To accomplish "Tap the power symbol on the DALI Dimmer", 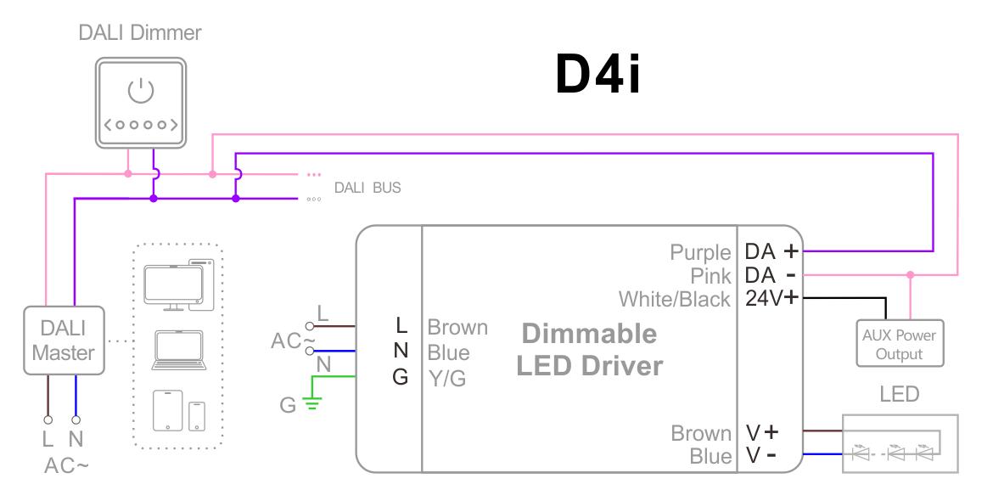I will [x=139, y=89].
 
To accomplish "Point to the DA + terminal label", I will [x=771, y=251].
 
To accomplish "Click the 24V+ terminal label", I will [x=771, y=298].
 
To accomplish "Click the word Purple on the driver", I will [x=700, y=252].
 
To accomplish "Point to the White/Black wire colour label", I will [x=674, y=299].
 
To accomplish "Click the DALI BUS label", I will [x=367, y=188].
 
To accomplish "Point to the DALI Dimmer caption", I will [x=140, y=33].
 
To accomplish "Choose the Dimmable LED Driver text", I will [x=590, y=349].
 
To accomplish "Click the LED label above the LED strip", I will [x=900, y=395].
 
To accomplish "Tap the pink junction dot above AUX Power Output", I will [x=911, y=275].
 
